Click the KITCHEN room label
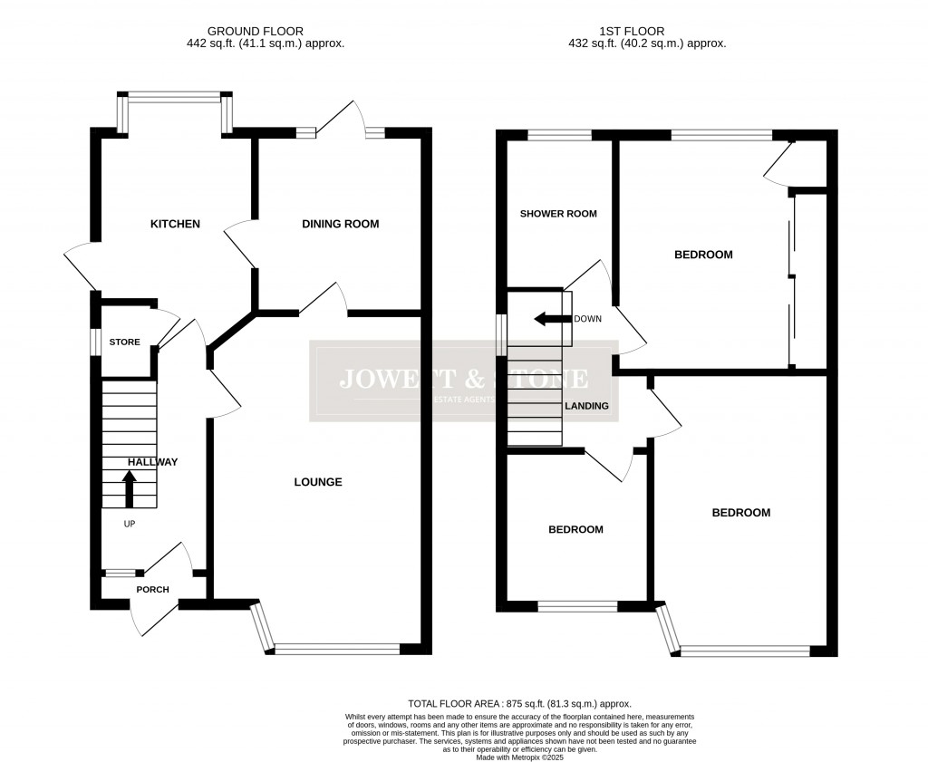click(x=175, y=224)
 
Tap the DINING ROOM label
click(x=340, y=224)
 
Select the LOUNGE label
click(x=317, y=482)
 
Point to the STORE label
click(x=125, y=342)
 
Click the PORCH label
click(x=152, y=590)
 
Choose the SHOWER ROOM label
click(x=558, y=214)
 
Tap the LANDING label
click(x=586, y=406)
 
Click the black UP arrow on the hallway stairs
click(x=129, y=489)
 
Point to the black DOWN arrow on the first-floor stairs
click(x=548, y=319)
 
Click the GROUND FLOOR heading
click(x=256, y=31)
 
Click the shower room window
click(x=558, y=136)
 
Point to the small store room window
click(x=93, y=342)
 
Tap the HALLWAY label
click(x=152, y=462)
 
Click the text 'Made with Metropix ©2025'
click(x=519, y=757)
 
